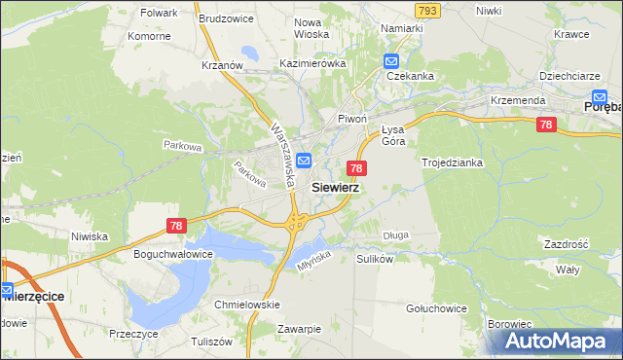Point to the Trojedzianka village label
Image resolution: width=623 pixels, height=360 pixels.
pos(452,162)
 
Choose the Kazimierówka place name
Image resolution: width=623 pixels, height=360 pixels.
pos(312,63)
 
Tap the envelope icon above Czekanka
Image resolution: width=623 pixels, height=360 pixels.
pos(390,59)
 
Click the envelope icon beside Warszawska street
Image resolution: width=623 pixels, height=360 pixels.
pos(304,161)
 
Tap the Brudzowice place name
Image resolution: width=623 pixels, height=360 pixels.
pos(226,18)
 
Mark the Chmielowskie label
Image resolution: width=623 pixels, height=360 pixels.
pos(247,305)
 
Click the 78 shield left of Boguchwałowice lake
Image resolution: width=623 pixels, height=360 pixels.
pos(176,226)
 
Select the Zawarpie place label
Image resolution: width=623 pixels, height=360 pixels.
pos(298,329)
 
